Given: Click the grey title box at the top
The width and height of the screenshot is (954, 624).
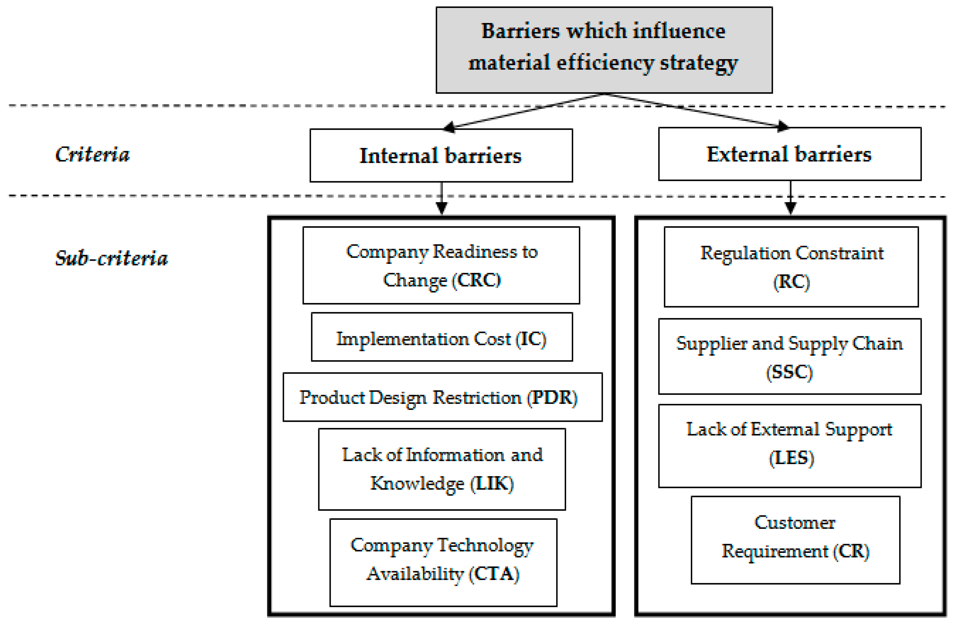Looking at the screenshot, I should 604,50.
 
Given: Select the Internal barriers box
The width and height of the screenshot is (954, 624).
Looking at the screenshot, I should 441,156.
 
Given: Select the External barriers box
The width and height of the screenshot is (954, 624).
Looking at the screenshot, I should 790,154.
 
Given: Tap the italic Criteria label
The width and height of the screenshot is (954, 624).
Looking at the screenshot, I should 93,155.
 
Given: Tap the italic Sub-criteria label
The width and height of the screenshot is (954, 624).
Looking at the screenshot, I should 111,258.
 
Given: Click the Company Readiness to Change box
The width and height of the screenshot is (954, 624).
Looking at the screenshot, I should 441,266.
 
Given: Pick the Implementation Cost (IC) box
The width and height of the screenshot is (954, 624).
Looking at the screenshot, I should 442,337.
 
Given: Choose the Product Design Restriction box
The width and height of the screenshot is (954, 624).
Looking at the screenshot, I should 443,397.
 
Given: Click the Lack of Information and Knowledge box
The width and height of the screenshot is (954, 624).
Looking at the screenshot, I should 442,469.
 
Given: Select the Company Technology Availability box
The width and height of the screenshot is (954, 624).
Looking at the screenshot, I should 443,562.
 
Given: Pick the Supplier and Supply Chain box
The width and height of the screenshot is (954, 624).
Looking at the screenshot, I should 790,356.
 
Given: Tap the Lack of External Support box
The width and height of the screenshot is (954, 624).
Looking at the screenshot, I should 790,446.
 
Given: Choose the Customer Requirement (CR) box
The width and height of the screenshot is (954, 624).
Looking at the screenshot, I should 795,540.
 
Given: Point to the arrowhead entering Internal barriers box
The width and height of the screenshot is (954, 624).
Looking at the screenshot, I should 449,127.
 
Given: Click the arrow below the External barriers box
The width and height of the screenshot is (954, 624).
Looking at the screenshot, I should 790,199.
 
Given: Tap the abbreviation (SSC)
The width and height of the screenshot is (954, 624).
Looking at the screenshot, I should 789,372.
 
